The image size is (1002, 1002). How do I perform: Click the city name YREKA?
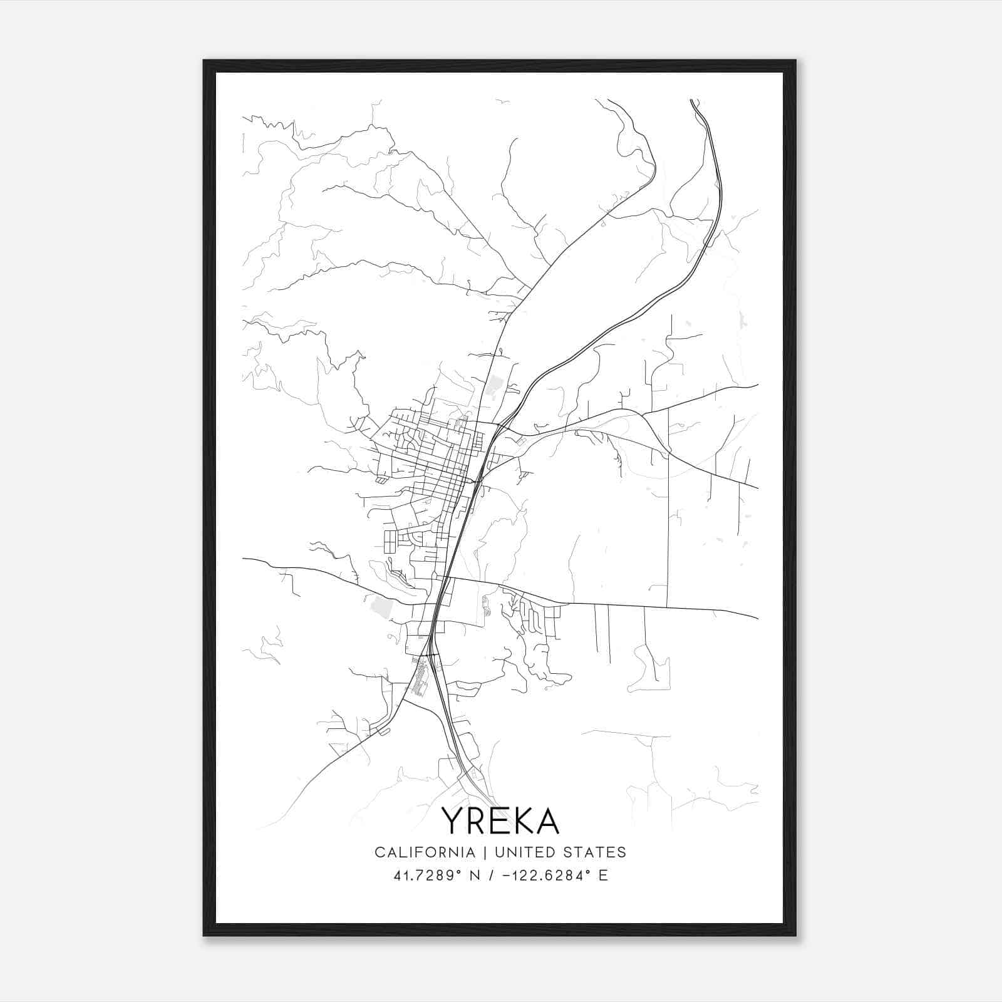pos(500,820)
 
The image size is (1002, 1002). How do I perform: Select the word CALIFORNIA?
pos(424,852)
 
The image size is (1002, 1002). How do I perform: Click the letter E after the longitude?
pos(604,875)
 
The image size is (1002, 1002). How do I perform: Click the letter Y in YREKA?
pos(452,820)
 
